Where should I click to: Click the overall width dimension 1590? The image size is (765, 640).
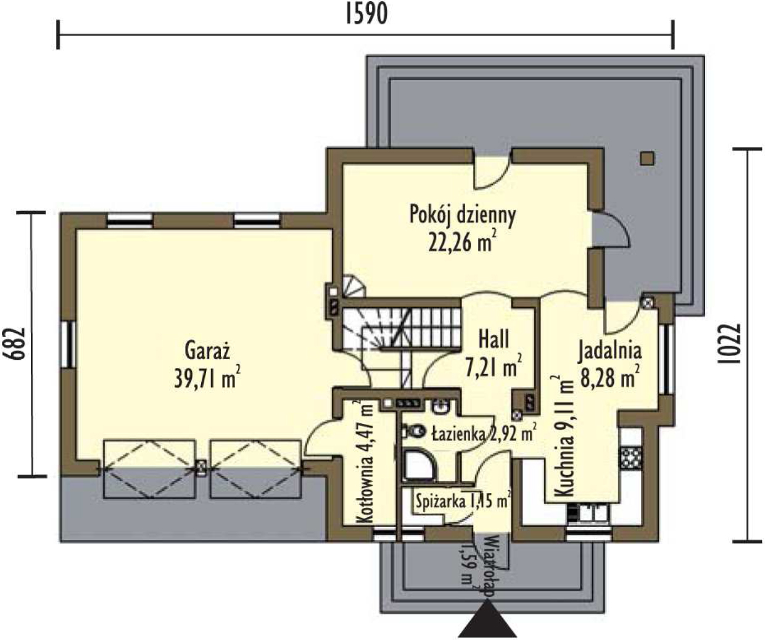[366, 15]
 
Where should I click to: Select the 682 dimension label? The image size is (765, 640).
[16, 344]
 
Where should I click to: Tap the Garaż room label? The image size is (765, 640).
[207, 350]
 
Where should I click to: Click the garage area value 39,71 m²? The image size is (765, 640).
[207, 379]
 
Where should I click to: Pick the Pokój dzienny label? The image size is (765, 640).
[462, 215]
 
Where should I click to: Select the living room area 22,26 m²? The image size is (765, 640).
[462, 243]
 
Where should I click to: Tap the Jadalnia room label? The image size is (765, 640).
[610, 351]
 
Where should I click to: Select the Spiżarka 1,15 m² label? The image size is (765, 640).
[464, 501]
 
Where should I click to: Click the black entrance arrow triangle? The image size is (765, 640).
[487, 619]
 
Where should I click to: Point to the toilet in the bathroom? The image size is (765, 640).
[413, 431]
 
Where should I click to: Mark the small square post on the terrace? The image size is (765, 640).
[647, 159]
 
